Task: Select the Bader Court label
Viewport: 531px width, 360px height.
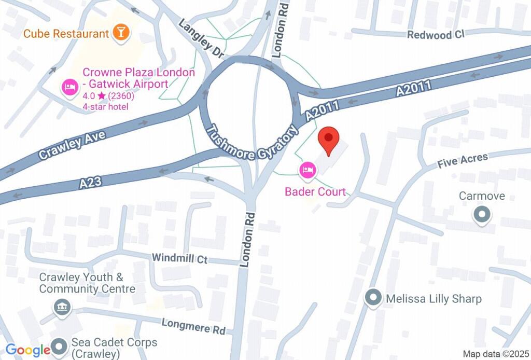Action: (x=315, y=192)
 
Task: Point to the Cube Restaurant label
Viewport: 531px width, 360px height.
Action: (x=66, y=34)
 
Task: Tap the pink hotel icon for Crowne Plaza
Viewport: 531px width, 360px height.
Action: (x=69, y=86)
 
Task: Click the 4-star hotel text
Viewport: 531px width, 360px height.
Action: (x=105, y=107)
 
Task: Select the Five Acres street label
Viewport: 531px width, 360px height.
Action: (x=463, y=161)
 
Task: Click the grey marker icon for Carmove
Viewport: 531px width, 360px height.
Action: (x=482, y=214)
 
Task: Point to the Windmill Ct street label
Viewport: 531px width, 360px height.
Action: (x=179, y=258)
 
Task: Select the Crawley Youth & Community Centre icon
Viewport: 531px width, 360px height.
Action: (x=62, y=308)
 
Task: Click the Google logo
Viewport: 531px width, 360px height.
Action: (x=28, y=350)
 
